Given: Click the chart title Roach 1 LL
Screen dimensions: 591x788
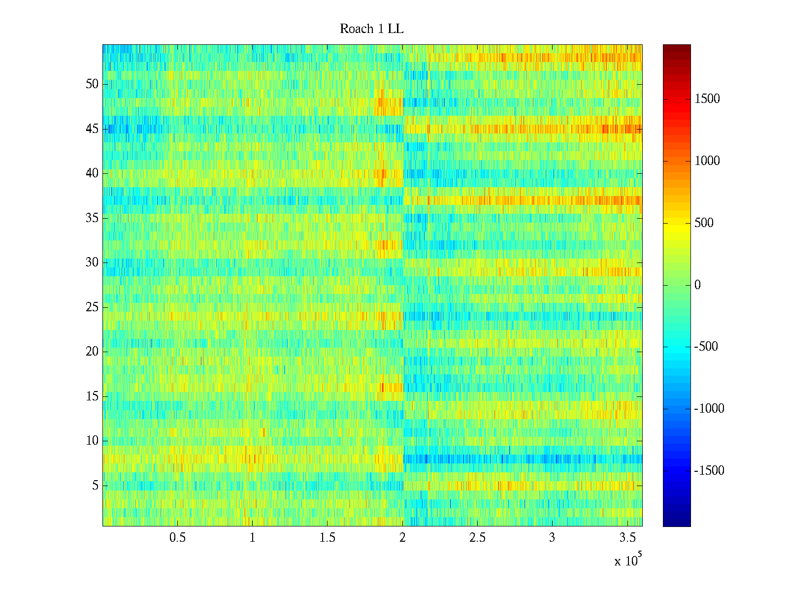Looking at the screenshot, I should point(371,29).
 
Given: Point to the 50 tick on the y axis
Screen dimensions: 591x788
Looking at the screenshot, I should point(92,84).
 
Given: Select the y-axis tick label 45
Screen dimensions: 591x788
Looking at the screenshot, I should point(92,129).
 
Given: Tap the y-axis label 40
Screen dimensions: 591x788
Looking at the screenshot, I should point(92,173).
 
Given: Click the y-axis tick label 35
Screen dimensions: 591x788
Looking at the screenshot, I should point(92,218).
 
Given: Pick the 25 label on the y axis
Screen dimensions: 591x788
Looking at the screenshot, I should point(92,307).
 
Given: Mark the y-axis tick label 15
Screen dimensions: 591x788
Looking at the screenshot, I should point(92,396).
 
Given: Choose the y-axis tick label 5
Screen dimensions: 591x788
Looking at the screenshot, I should point(95,486).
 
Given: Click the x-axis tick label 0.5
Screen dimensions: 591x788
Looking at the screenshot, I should point(177,538).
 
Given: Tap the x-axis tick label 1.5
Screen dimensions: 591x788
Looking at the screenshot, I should point(327,538).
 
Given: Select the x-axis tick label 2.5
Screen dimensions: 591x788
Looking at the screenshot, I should point(477,538).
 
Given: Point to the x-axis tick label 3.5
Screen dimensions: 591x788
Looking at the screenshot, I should point(627,538).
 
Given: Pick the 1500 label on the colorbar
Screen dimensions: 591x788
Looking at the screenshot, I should point(707,99).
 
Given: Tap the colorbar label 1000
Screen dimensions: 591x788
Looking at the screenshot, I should point(707,161).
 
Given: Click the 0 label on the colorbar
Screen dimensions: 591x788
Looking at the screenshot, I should point(697,285).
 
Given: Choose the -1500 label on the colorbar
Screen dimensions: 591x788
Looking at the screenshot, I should point(709,471).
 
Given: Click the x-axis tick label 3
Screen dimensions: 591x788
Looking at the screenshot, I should point(552,538).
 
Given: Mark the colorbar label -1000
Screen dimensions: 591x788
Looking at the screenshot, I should point(709,409).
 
